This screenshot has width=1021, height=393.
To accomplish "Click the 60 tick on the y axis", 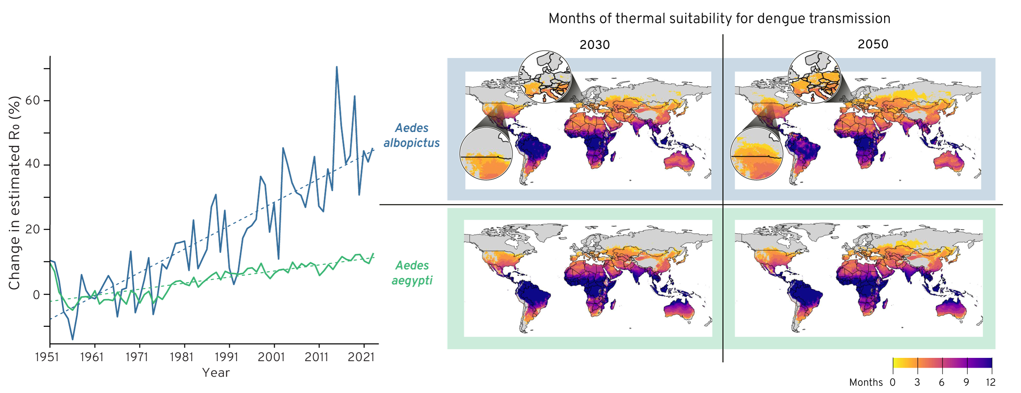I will click(x=33, y=100).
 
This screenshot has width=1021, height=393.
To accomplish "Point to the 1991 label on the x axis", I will click(x=226, y=357).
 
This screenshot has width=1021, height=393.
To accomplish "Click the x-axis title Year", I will click(x=216, y=373).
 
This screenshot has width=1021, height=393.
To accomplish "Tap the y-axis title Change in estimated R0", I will click(x=15, y=193).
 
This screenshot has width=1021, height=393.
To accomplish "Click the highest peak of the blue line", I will click(x=337, y=67).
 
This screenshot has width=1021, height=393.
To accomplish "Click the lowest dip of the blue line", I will click(x=73, y=339).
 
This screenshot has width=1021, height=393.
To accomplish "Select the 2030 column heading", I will click(x=594, y=45).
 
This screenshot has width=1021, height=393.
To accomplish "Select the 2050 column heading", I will click(x=873, y=44).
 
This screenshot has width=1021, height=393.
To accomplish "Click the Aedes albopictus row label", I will click(x=412, y=136).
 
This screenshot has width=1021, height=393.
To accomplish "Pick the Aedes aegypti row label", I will click(x=412, y=273).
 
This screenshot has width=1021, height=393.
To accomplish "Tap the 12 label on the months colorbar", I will click(x=990, y=382).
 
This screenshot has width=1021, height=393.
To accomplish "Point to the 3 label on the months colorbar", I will click(x=917, y=382).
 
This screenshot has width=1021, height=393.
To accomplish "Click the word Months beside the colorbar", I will click(x=866, y=382).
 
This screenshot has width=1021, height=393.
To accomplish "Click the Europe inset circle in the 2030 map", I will click(x=544, y=77).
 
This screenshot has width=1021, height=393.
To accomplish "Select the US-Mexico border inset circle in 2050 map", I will click(x=756, y=154).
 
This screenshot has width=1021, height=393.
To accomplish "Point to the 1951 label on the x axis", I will click(x=47, y=357).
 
